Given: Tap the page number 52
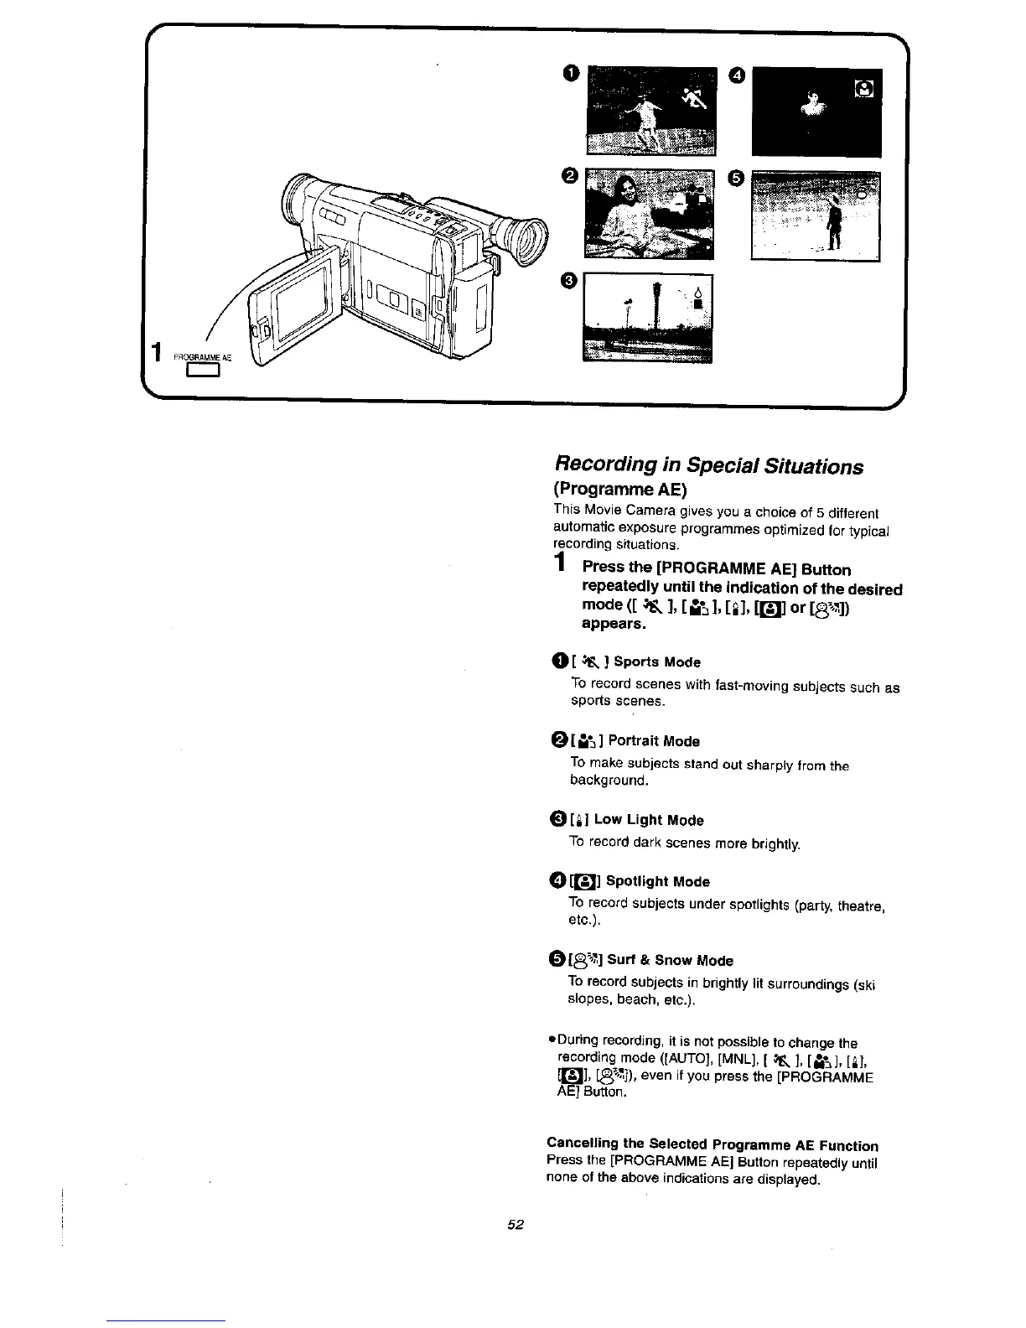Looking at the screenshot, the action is coord(515,1225).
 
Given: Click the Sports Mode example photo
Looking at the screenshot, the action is coord(652,112).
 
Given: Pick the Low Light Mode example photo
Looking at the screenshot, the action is coord(647,318).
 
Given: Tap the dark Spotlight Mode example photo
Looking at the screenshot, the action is coord(816,112).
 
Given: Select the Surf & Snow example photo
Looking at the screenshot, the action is coord(816,215).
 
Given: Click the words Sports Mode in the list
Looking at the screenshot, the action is coord(657,662).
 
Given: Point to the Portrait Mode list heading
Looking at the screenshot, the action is coord(654,741).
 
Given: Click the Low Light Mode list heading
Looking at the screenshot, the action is coord(648,820).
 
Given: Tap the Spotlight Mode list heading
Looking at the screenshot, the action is coord(657,882).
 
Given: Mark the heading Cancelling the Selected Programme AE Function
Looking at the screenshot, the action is coord(712,1145).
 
